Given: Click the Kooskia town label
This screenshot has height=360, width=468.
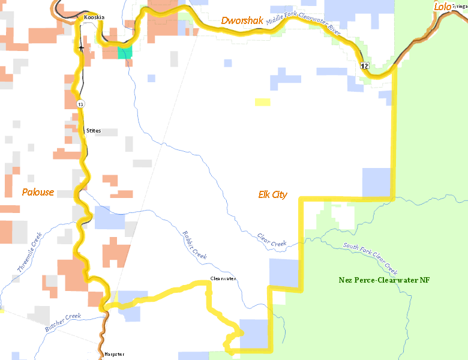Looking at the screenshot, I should coord(94,17).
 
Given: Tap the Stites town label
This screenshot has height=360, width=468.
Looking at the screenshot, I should coord(94,131).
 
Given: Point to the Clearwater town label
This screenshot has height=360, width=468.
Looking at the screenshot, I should coord(223,279).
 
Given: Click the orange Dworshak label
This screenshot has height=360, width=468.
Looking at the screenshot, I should coord(243,21).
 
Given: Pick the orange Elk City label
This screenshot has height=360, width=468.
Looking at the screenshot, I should coord(272,194).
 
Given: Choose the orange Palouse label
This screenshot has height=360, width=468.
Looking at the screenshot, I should coord(38,193).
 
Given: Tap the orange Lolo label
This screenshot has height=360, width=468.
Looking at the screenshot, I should coord(443,7).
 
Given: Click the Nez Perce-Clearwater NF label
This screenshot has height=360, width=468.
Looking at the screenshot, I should coord(384,280).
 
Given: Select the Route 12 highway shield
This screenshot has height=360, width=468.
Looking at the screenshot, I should coord(364,65).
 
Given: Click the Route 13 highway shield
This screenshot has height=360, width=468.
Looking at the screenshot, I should coord(80,104).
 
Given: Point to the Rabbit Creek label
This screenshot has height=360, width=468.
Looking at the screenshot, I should coord(194,245).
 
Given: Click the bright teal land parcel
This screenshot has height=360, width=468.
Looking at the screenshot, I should coord(125,52).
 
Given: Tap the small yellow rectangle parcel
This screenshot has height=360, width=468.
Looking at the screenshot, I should coord(262,102).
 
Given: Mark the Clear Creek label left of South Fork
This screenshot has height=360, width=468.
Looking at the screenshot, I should coord(272,241).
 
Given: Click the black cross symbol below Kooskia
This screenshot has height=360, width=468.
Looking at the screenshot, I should coord(81,47).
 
